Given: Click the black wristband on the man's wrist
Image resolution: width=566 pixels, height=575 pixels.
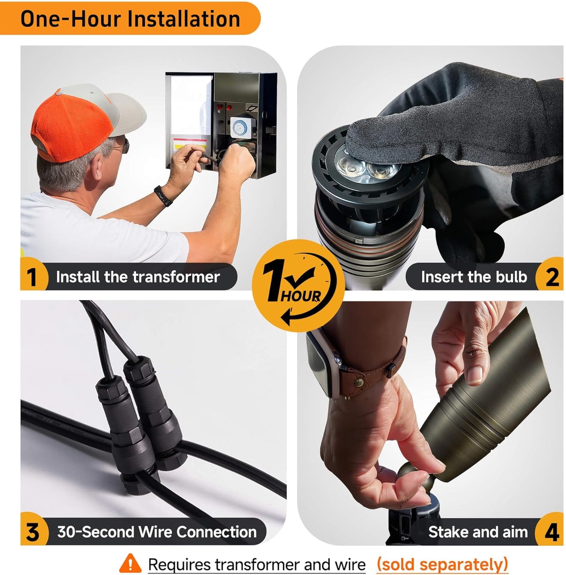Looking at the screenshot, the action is [x=163, y=196].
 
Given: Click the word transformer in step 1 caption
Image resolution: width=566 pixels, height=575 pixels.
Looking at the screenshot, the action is [x=176, y=277].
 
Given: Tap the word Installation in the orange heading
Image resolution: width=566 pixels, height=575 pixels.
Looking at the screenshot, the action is [x=184, y=18].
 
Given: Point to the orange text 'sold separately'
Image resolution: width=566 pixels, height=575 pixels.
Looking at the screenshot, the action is [x=442, y=563].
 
